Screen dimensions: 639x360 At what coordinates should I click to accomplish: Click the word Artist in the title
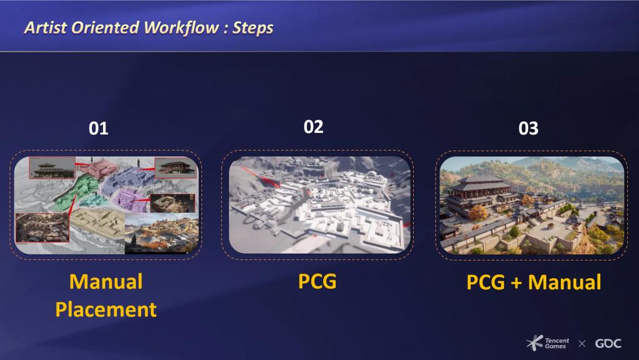(x=46, y=27)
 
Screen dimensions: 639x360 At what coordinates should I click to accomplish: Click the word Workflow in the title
(x=182, y=27)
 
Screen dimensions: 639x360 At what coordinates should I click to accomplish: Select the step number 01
(x=98, y=129)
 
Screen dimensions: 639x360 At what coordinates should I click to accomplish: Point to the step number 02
(x=313, y=127)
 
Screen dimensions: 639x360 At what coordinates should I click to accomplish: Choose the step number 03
(x=528, y=129)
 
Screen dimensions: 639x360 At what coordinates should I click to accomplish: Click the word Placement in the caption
(x=106, y=310)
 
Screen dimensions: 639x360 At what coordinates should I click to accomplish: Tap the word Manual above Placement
(x=106, y=282)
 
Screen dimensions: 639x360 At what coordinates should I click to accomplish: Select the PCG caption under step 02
(x=318, y=281)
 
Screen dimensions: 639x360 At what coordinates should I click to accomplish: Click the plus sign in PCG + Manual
(x=516, y=283)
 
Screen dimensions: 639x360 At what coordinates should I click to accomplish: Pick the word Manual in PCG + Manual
(x=564, y=282)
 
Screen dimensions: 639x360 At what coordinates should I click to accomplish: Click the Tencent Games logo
(x=547, y=343)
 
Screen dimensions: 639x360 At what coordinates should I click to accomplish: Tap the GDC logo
(x=608, y=343)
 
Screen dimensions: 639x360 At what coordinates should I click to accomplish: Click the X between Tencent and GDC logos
(x=582, y=344)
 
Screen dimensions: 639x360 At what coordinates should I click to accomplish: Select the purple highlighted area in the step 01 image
(x=130, y=200)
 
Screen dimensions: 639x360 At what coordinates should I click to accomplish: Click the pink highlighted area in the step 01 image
(x=98, y=168)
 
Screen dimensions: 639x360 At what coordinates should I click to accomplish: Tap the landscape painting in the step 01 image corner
(x=162, y=233)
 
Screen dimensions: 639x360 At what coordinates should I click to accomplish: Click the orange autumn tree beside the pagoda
(x=477, y=213)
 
